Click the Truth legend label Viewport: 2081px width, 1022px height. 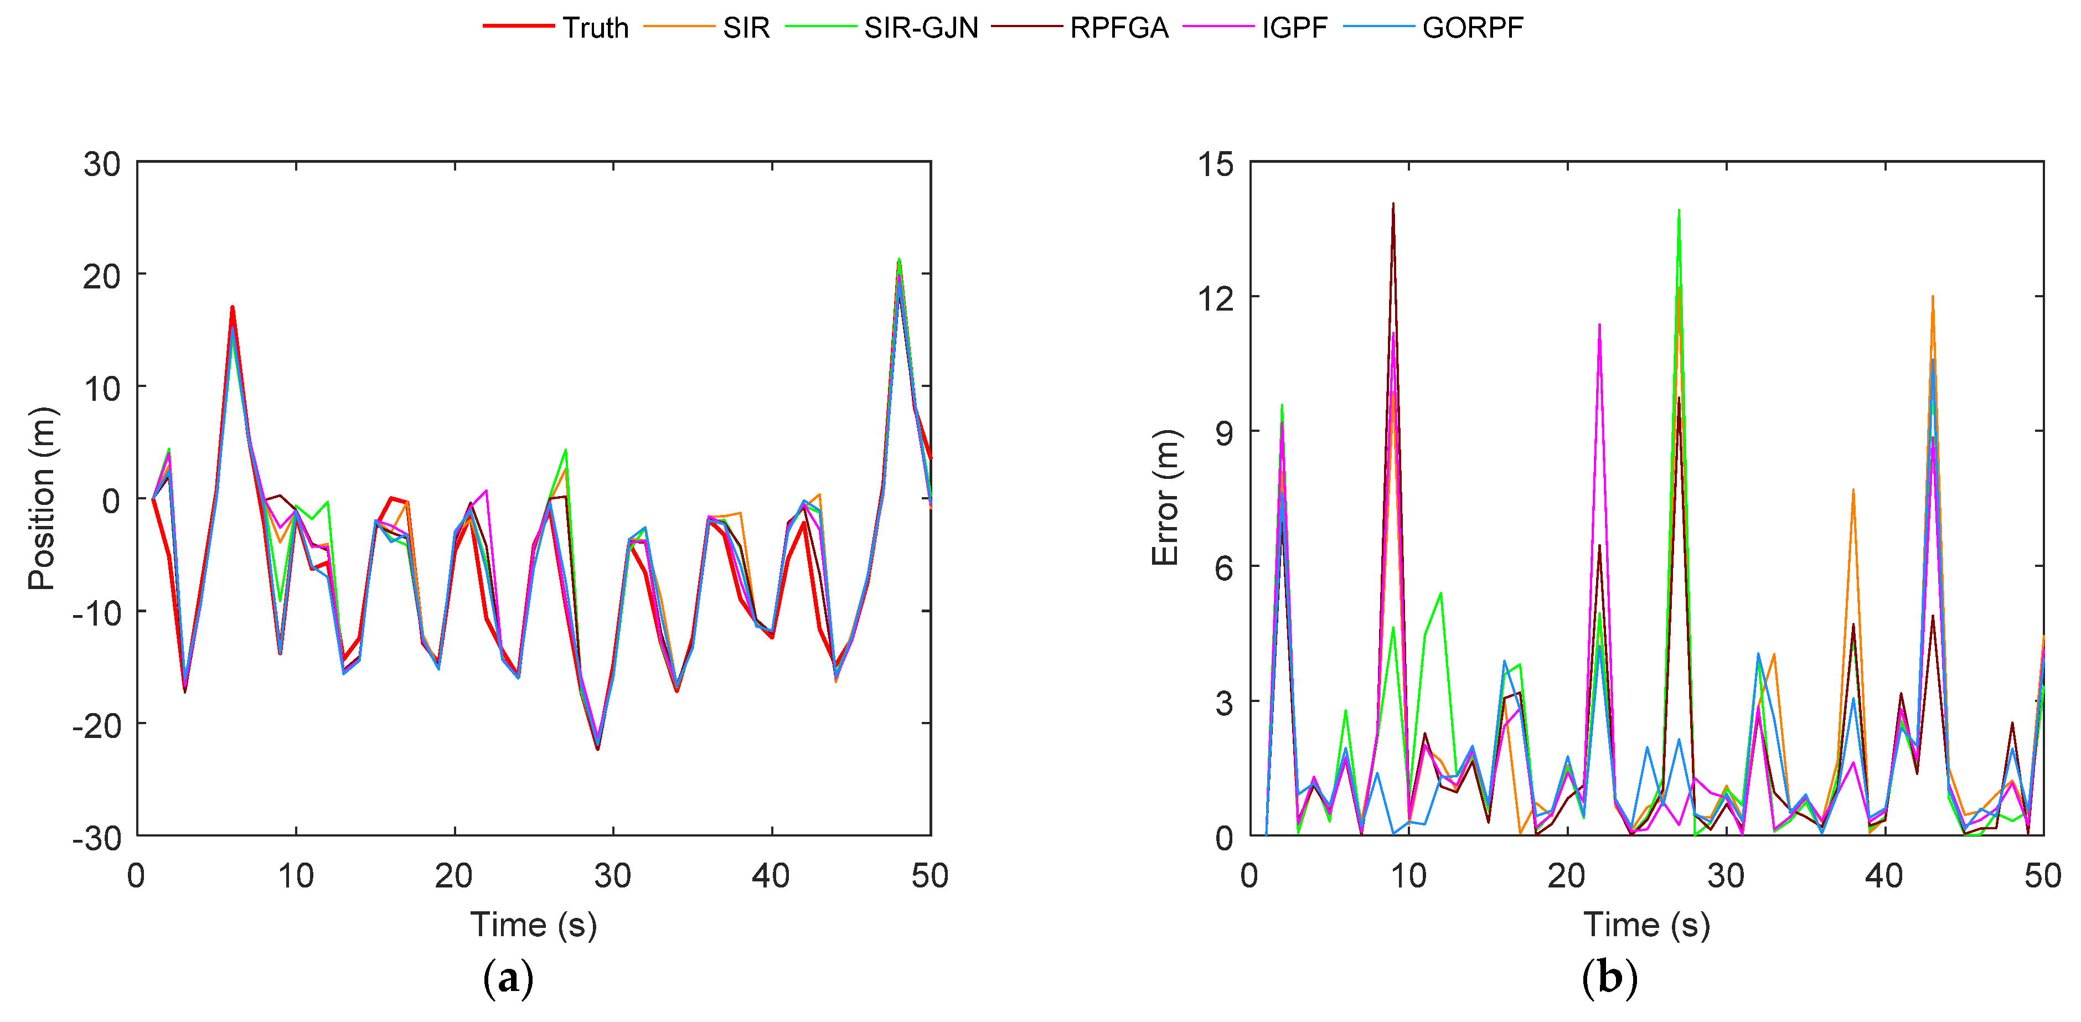click(x=595, y=28)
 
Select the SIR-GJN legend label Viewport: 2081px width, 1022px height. click(x=921, y=28)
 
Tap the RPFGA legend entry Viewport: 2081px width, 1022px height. click(x=1119, y=28)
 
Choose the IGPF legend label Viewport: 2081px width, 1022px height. click(x=1294, y=28)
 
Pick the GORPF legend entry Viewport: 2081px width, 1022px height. click(x=1472, y=28)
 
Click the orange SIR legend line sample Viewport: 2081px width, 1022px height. click(x=679, y=27)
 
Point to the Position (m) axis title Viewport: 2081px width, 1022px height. click(x=42, y=498)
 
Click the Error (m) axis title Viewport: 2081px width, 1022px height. click(x=1165, y=498)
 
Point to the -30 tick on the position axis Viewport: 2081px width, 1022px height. click(x=96, y=838)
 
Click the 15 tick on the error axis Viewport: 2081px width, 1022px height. click(x=1216, y=164)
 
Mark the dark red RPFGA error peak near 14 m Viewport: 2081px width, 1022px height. click(x=1393, y=204)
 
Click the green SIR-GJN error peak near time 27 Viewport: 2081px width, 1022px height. click(x=1679, y=211)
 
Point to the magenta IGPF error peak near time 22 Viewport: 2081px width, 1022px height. click(x=1599, y=326)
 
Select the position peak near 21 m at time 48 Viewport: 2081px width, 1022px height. click(x=899, y=261)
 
